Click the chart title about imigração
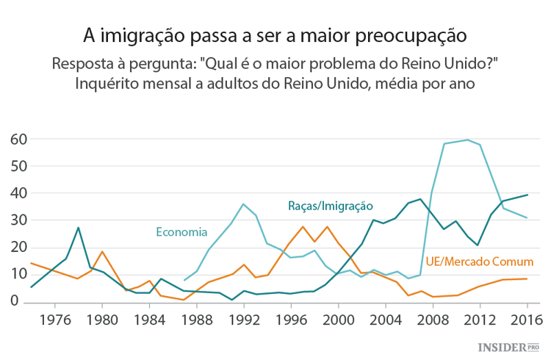click(275, 35)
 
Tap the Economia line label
click(181, 232)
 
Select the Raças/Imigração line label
click(330, 206)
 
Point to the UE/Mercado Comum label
click(479, 262)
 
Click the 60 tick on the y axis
click(18, 139)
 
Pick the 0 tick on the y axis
click(13, 300)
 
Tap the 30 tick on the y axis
click(18, 220)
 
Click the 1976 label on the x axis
click(55, 320)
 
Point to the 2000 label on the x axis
click(337, 320)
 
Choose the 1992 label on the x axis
click(243, 320)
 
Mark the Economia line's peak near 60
click(467, 140)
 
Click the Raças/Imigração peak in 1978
click(79, 228)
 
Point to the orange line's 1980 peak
click(102, 251)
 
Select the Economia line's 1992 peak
click(243, 204)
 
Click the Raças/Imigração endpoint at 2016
click(526, 195)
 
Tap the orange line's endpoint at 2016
click(526, 278)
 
